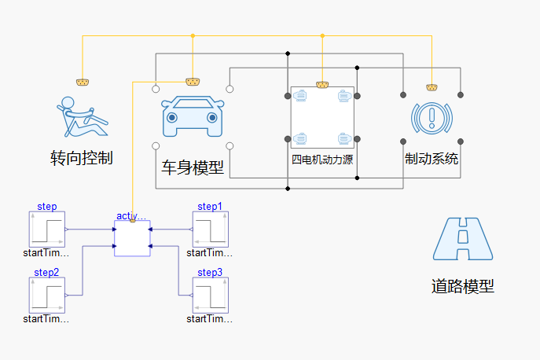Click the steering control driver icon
point(82,116)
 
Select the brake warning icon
point(432,117)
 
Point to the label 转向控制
point(82,157)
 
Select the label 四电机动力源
point(322,159)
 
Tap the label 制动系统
point(432,159)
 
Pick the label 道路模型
point(464,286)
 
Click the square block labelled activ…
point(132,238)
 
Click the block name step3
point(210,272)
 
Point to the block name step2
point(46,272)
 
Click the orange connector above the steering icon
point(82,82)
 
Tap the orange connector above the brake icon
point(431,86)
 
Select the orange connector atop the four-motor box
point(321,84)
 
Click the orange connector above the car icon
point(192,81)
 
